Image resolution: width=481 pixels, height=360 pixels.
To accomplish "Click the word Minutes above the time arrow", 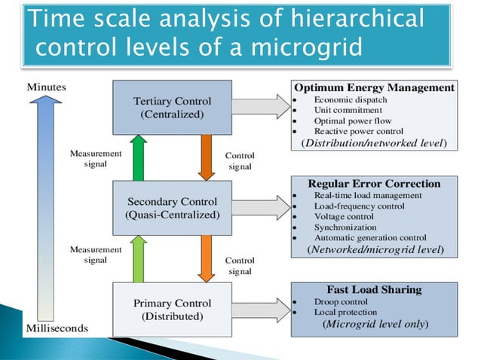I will (x=46, y=87).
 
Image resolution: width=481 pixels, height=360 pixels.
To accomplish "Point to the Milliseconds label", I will (x=57, y=328).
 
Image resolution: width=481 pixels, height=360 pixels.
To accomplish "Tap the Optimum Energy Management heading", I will (x=373, y=87).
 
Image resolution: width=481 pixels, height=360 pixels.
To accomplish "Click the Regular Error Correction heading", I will (x=374, y=184).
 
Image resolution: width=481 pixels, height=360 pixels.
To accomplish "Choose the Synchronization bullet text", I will (x=345, y=227).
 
